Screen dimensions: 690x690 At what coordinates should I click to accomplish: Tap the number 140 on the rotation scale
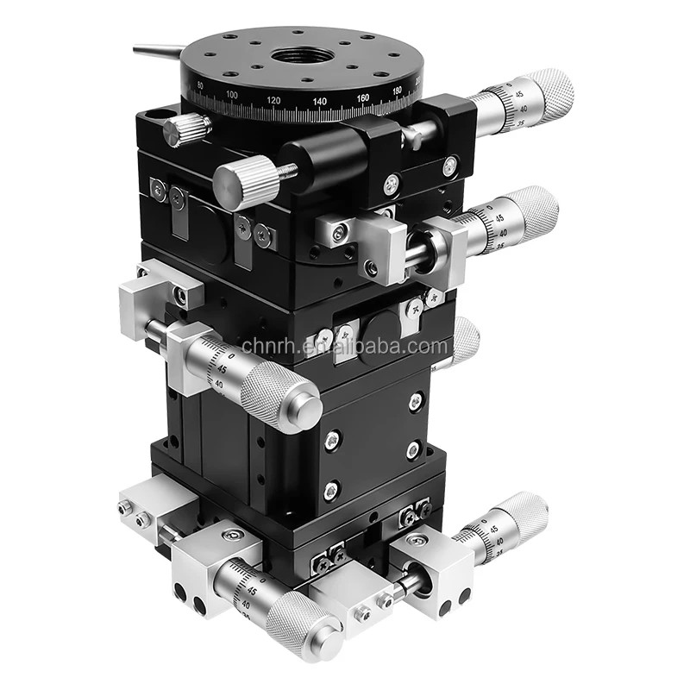click(320, 102)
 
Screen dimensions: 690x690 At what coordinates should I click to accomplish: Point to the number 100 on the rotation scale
click(231, 94)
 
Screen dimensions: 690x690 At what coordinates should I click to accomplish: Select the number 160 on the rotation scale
click(362, 97)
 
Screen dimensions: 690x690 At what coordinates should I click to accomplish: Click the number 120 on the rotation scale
click(274, 101)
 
